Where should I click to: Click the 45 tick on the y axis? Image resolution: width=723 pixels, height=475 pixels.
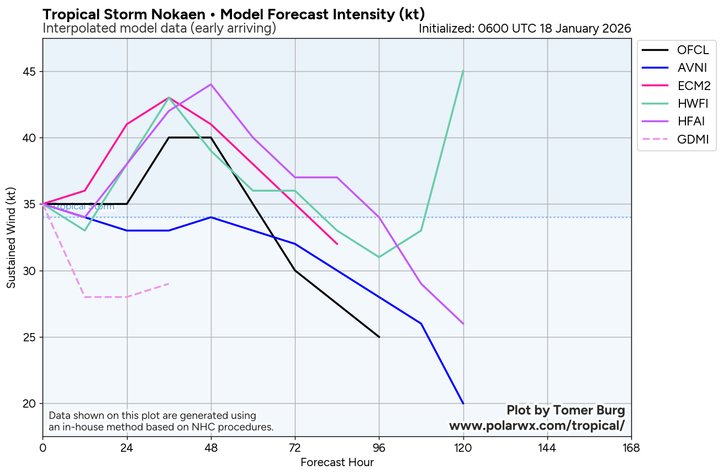coord(30,72)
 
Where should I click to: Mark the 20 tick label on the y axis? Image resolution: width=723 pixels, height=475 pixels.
coord(30,404)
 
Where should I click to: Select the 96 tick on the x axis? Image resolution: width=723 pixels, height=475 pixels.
coord(379,448)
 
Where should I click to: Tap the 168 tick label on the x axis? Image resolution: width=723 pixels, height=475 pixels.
coord(631,448)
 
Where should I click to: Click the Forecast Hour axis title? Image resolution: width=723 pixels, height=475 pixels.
coord(337,463)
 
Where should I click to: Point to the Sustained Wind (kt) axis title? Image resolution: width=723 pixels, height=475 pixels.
coord(11,237)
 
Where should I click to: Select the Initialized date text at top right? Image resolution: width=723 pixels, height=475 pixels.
coord(525,29)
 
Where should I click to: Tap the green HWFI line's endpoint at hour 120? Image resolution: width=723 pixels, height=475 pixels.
coord(463,71)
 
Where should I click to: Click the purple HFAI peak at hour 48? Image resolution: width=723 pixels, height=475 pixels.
coord(211,85)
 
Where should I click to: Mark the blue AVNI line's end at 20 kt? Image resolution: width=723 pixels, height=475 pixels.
coord(463,403)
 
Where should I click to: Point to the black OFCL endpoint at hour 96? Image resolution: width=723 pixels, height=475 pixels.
coord(379,337)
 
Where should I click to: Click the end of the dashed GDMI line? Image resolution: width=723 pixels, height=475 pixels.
coord(169,284)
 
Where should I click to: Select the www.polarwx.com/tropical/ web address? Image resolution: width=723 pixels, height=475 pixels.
coord(536,426)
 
